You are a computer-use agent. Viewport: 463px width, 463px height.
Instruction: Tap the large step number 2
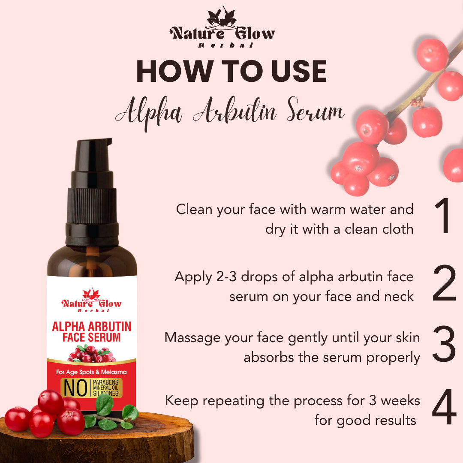[x=444, y=284]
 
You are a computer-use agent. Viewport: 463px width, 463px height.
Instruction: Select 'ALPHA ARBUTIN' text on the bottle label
[x=91, y=327]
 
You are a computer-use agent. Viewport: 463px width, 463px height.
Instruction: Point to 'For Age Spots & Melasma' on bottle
[x=91, y=372]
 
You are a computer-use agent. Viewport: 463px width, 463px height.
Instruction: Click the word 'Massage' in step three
[x=192, y=337]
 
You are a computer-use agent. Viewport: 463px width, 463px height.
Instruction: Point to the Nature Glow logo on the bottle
[x=91, y=301]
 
